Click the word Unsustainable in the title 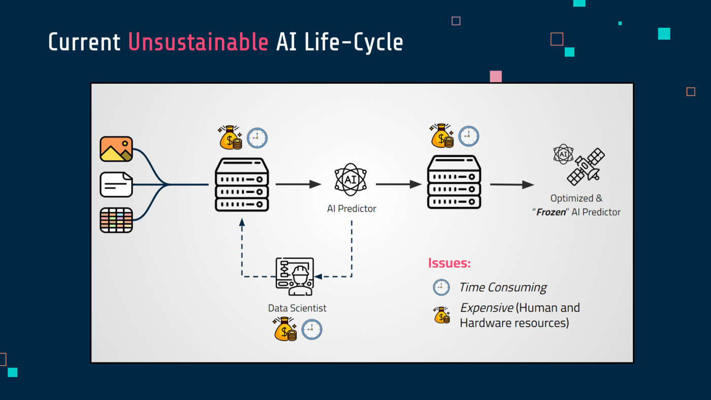198,42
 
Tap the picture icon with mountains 116,149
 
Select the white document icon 116,185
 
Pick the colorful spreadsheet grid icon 116,220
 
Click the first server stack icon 242,184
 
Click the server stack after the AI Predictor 454,182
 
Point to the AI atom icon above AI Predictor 350,180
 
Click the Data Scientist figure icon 295,276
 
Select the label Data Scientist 297,308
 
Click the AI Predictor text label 351,209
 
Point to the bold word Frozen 552,212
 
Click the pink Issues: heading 449,263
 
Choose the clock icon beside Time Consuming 441,287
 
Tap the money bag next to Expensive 442,315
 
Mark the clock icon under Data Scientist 312,329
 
